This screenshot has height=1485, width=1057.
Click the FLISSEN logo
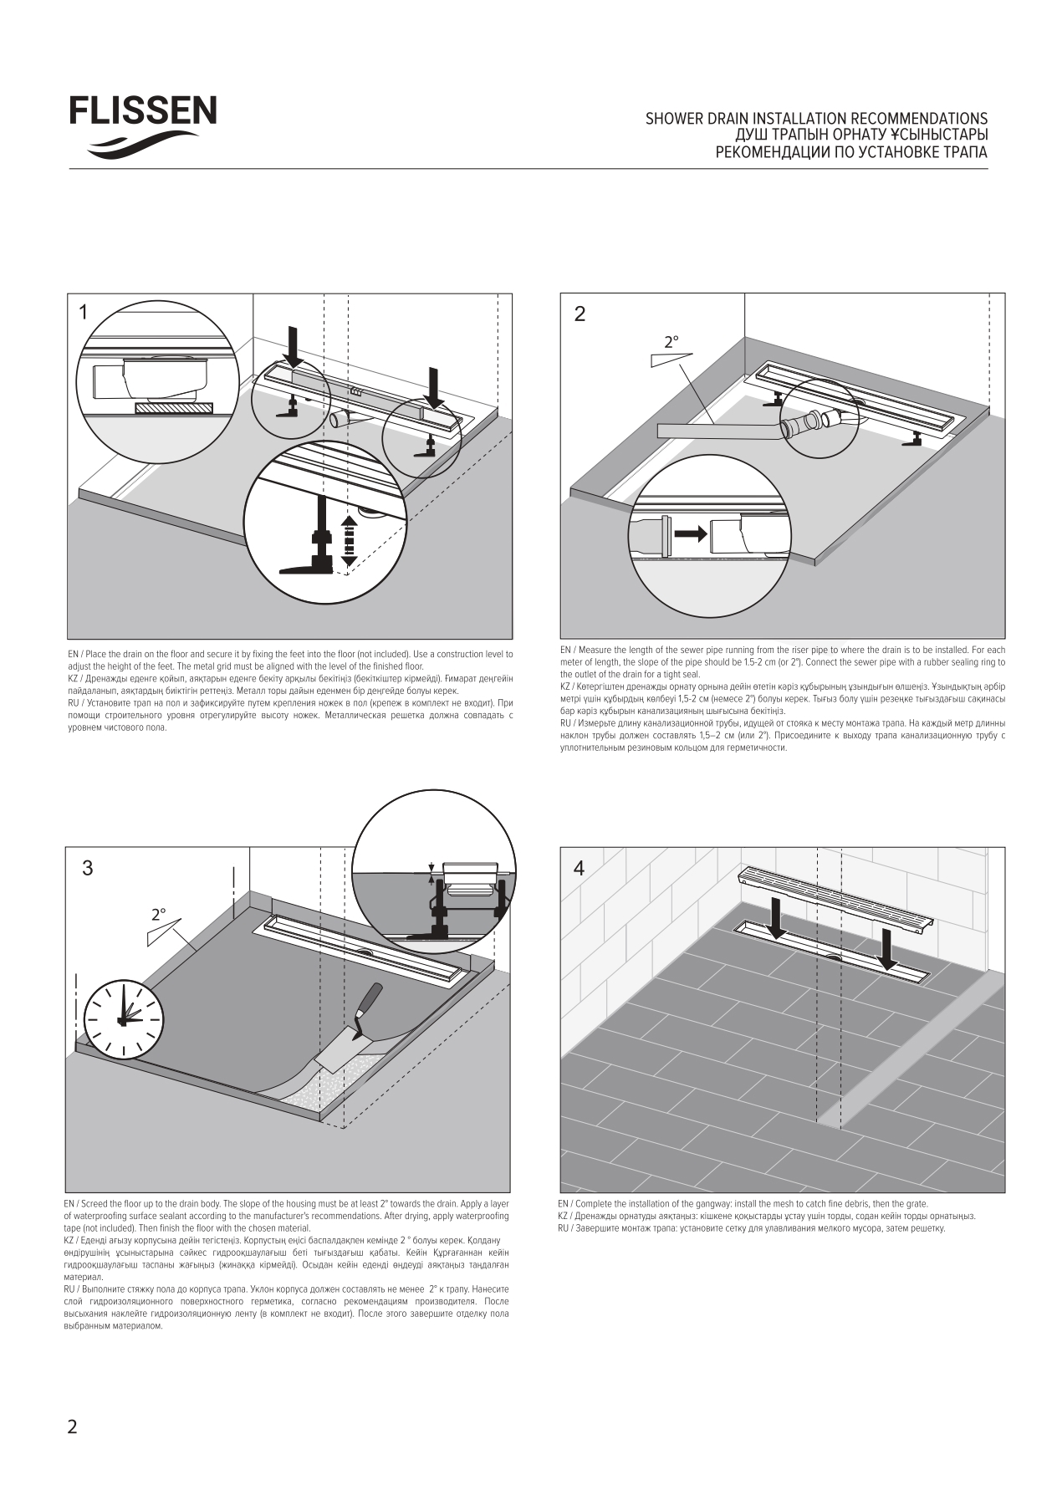[142, 125]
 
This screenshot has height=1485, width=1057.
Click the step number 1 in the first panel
[83, 313]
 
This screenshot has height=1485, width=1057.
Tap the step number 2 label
[580, 314]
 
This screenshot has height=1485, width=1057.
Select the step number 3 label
[87, 868]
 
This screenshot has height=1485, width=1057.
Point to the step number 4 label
[579, 868]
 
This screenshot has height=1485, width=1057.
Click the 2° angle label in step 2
[671, 342]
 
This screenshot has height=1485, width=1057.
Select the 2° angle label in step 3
[159, 915]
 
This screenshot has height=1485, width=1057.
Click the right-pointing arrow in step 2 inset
[689, 532]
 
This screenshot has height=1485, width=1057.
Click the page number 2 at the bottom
[72, 1426]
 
